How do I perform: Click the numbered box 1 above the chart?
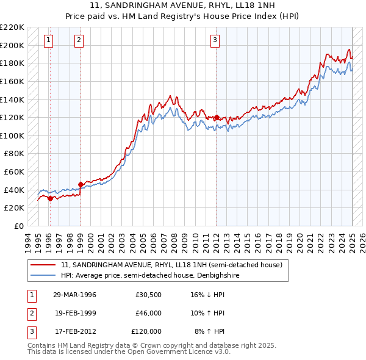point(48,41)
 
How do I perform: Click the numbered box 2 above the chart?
point(79,41)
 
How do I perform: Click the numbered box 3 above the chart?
point(215,41)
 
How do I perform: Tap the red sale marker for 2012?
point(217,117)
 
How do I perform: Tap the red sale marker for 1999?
point(81,184)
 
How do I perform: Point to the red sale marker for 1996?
point(49,198)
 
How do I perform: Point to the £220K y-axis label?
point(12,27)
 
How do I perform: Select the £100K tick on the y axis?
point(12,135)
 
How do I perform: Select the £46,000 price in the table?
point(148,313)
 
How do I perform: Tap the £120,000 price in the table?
point(146,331)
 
